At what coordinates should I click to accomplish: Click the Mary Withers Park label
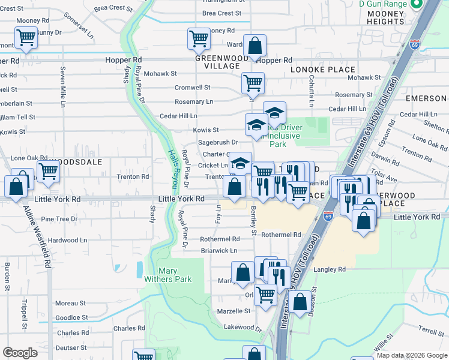[x=167, y=274]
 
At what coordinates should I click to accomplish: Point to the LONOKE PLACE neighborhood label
[x=323, y=70]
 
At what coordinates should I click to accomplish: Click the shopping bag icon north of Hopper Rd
[x=255, y=46]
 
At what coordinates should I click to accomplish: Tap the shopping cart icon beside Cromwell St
[x=253, y=83]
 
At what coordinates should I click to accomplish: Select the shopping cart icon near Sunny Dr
[x=26, y=38]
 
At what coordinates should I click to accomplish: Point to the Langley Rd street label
[x=333, y=270]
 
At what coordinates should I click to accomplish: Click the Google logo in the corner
[x=20, y=353]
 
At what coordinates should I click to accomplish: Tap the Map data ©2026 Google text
[x=411, y=356]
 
